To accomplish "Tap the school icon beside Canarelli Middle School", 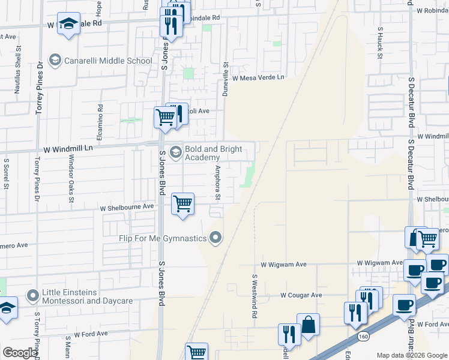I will pos(55,61).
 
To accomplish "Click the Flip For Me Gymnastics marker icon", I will pos(215,239).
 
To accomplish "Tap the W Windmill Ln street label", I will pos(68,148).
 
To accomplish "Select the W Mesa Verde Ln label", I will pos(258,78).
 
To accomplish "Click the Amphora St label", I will pos(218,183).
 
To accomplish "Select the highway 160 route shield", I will pos(364,337).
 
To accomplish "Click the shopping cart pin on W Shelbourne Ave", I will pos(182,204).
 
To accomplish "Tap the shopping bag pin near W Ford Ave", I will pos(309,325).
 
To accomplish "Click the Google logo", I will pos(20,353).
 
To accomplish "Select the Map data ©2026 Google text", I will pos(412,355).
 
